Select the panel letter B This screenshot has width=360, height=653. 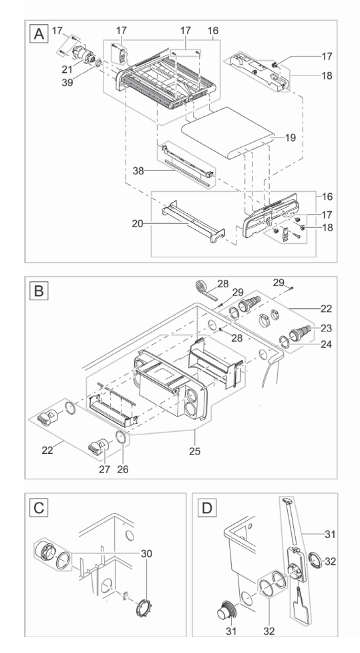(38, 291)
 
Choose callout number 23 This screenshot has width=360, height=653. (327, 328)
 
